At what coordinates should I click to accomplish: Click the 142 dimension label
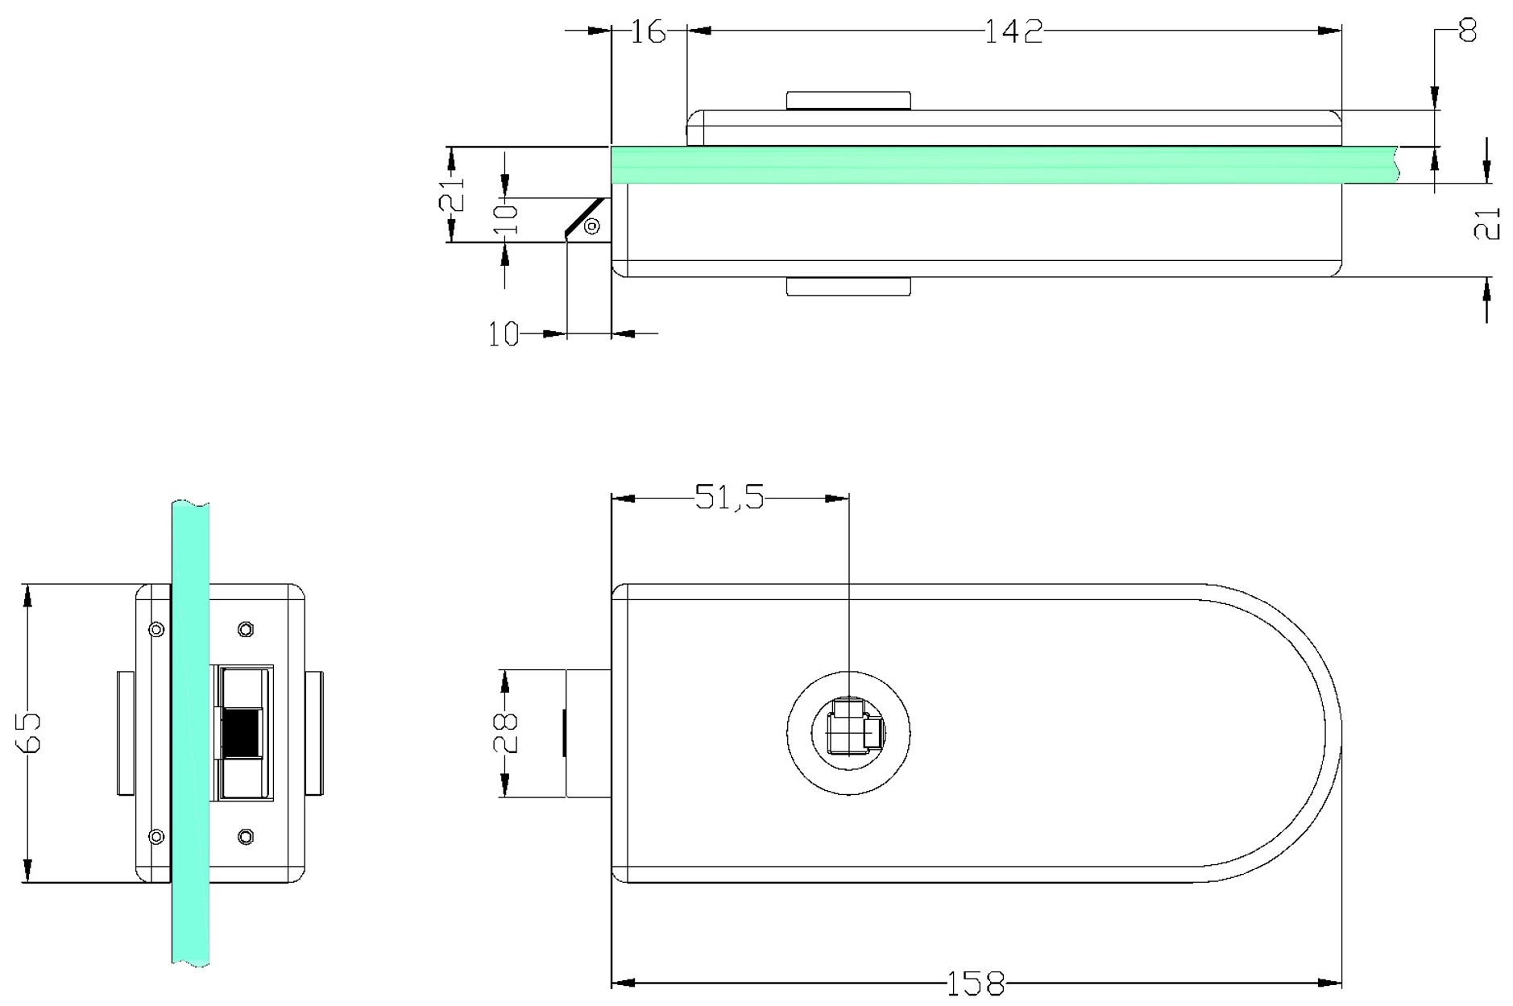tap(1014, 31)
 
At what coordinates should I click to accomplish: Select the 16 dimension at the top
tap(648, 32)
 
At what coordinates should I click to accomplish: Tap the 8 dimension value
tap(1468, 31)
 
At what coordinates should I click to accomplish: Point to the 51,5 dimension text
tap(729, 497)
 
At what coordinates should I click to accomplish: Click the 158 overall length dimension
tap(975, 983)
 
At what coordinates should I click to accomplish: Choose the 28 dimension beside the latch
tap(507, 732)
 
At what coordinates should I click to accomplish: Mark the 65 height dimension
tap(29, 732)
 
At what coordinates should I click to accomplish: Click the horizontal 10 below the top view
tap(504, 333)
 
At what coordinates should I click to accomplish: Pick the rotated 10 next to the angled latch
tap(505, 218)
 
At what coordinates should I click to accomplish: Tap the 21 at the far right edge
tap(1487, 224)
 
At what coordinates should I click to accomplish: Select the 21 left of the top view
tap(453, 194)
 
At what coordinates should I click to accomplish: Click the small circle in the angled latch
tap(592, 226)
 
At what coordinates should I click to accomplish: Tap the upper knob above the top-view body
tap(848, 101)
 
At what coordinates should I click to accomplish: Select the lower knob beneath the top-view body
tap(848, 287)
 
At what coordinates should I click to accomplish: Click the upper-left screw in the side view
tap(157, 629)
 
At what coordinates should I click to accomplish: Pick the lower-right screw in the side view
tap(247, 837)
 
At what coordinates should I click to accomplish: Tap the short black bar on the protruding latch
tap(564, 732)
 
